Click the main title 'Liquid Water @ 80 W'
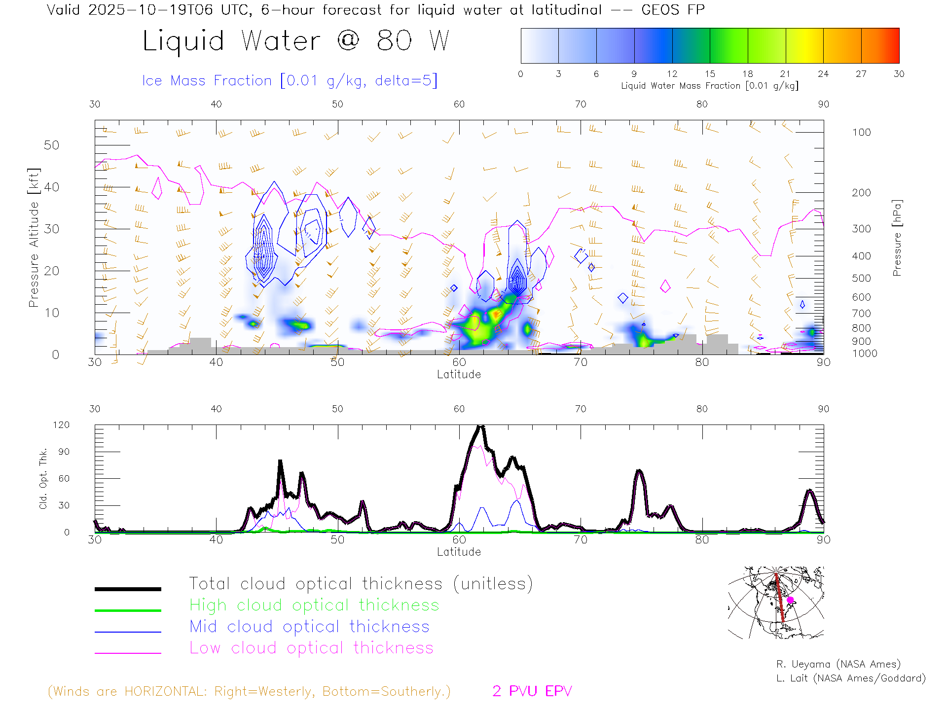[x=296, y=41]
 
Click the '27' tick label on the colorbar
[x=861, y=74]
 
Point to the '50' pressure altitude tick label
[x=51, y=145]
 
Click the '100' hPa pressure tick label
[x=861, y=133]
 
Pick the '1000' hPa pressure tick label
[x=864, y=354]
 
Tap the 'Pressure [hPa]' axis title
[x=897, y=238]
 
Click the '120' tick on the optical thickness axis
[x=61, y=425]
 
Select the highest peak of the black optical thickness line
[x=480, y=426]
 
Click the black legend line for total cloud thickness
[x=128, y=589]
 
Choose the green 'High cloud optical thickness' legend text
[x=314, y=605]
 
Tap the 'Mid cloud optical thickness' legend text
[x=309, y=627]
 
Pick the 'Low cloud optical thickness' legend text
[x=311, y=648]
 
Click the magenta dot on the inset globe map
[x=790, y=600]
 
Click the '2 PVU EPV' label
[x=532, y=691]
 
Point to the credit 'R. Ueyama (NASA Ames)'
[x=838, y=664]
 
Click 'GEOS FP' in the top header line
[x=673, y=10]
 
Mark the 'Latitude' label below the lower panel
[x=459, y=552]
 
